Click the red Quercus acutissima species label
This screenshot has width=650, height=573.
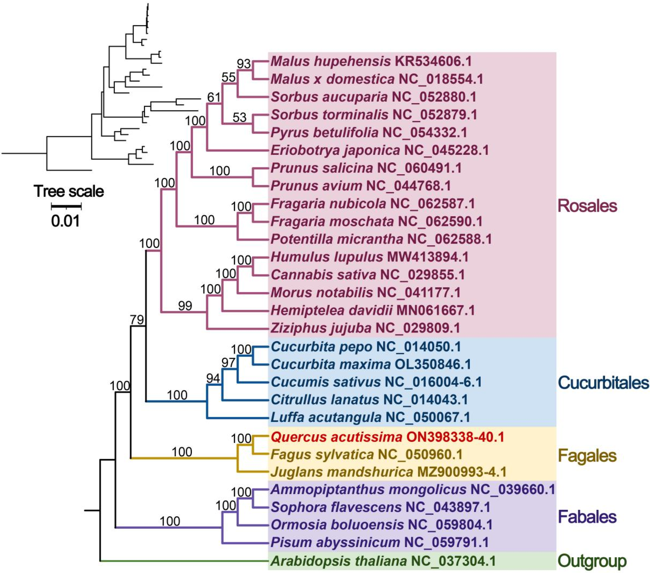pos(387,437)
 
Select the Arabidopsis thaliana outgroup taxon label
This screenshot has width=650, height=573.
pos(383,561)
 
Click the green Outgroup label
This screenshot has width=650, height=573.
pos(592,561)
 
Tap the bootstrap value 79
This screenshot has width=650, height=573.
pos(137,320)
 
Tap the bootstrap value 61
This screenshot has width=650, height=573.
pos(214,97)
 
